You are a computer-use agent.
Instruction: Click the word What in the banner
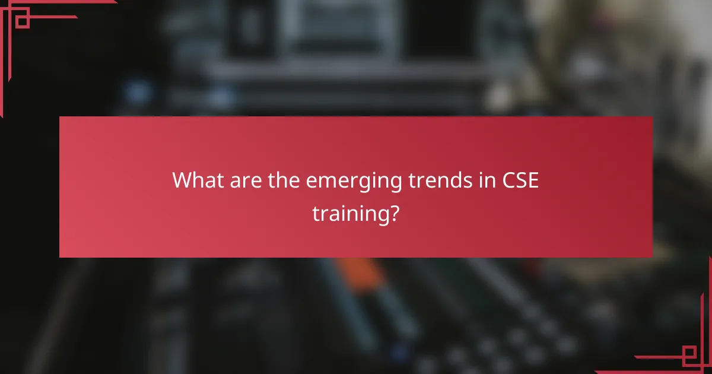point(195,180)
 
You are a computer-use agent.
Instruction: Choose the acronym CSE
point(520,180)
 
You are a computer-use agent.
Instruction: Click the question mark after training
point(393,213)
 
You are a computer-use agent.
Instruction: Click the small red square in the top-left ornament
point(22,21)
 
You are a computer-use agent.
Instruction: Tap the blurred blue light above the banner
point(138,92)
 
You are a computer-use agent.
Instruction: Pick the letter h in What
point(199,180)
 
